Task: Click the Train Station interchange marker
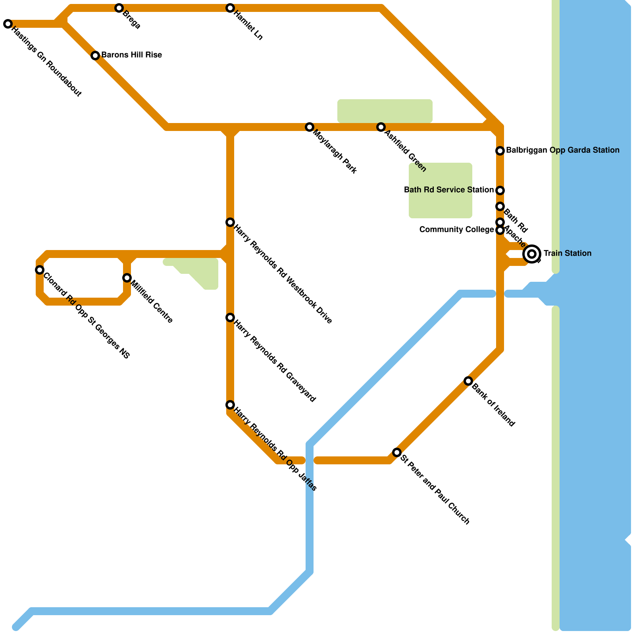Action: coord(532,254)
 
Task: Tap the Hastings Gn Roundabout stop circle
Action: coord(8,24)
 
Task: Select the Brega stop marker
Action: coord(119,8)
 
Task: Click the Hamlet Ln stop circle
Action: coord(230,8)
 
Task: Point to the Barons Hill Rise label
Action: coord(131,55)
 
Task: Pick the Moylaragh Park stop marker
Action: coord(310,127)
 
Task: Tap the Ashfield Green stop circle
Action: coord(381,127)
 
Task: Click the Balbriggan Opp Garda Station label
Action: coord(562,150)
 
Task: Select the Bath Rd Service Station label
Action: coord(448,190)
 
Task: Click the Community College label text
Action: coord(456,229)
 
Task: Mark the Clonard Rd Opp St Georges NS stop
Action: coord(40,270)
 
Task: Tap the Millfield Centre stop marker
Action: coord(127,278)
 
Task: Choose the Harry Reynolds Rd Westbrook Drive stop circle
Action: coord(230,222)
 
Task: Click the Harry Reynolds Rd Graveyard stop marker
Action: coord(230,317)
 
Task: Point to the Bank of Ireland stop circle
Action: coord(468,381)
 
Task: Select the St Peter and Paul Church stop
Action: coord(397,452)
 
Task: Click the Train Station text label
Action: coord(567,253)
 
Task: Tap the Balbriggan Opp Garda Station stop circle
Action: coord(500,151)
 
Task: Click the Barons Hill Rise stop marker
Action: coord(95,56)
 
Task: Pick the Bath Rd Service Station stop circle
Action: coord(500,190)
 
